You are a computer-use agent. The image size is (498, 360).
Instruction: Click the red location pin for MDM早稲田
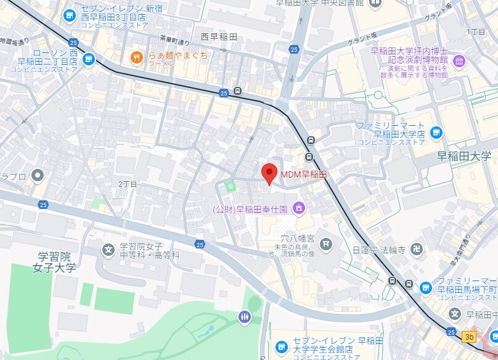click(269, 173)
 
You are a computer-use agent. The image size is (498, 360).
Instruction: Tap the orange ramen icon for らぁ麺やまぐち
click(136, 58)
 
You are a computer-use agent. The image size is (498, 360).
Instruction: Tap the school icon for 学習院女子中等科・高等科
click(108, 250)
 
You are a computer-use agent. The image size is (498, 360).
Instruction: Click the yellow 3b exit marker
click(470, 337)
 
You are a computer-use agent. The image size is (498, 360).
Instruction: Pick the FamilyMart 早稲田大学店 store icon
click(436, 132)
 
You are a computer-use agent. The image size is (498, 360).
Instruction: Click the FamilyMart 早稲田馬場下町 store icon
click(425, 288)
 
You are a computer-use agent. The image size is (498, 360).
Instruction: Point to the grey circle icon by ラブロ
click(38, 176)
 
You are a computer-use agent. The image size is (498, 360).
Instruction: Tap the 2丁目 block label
click(128, 184)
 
